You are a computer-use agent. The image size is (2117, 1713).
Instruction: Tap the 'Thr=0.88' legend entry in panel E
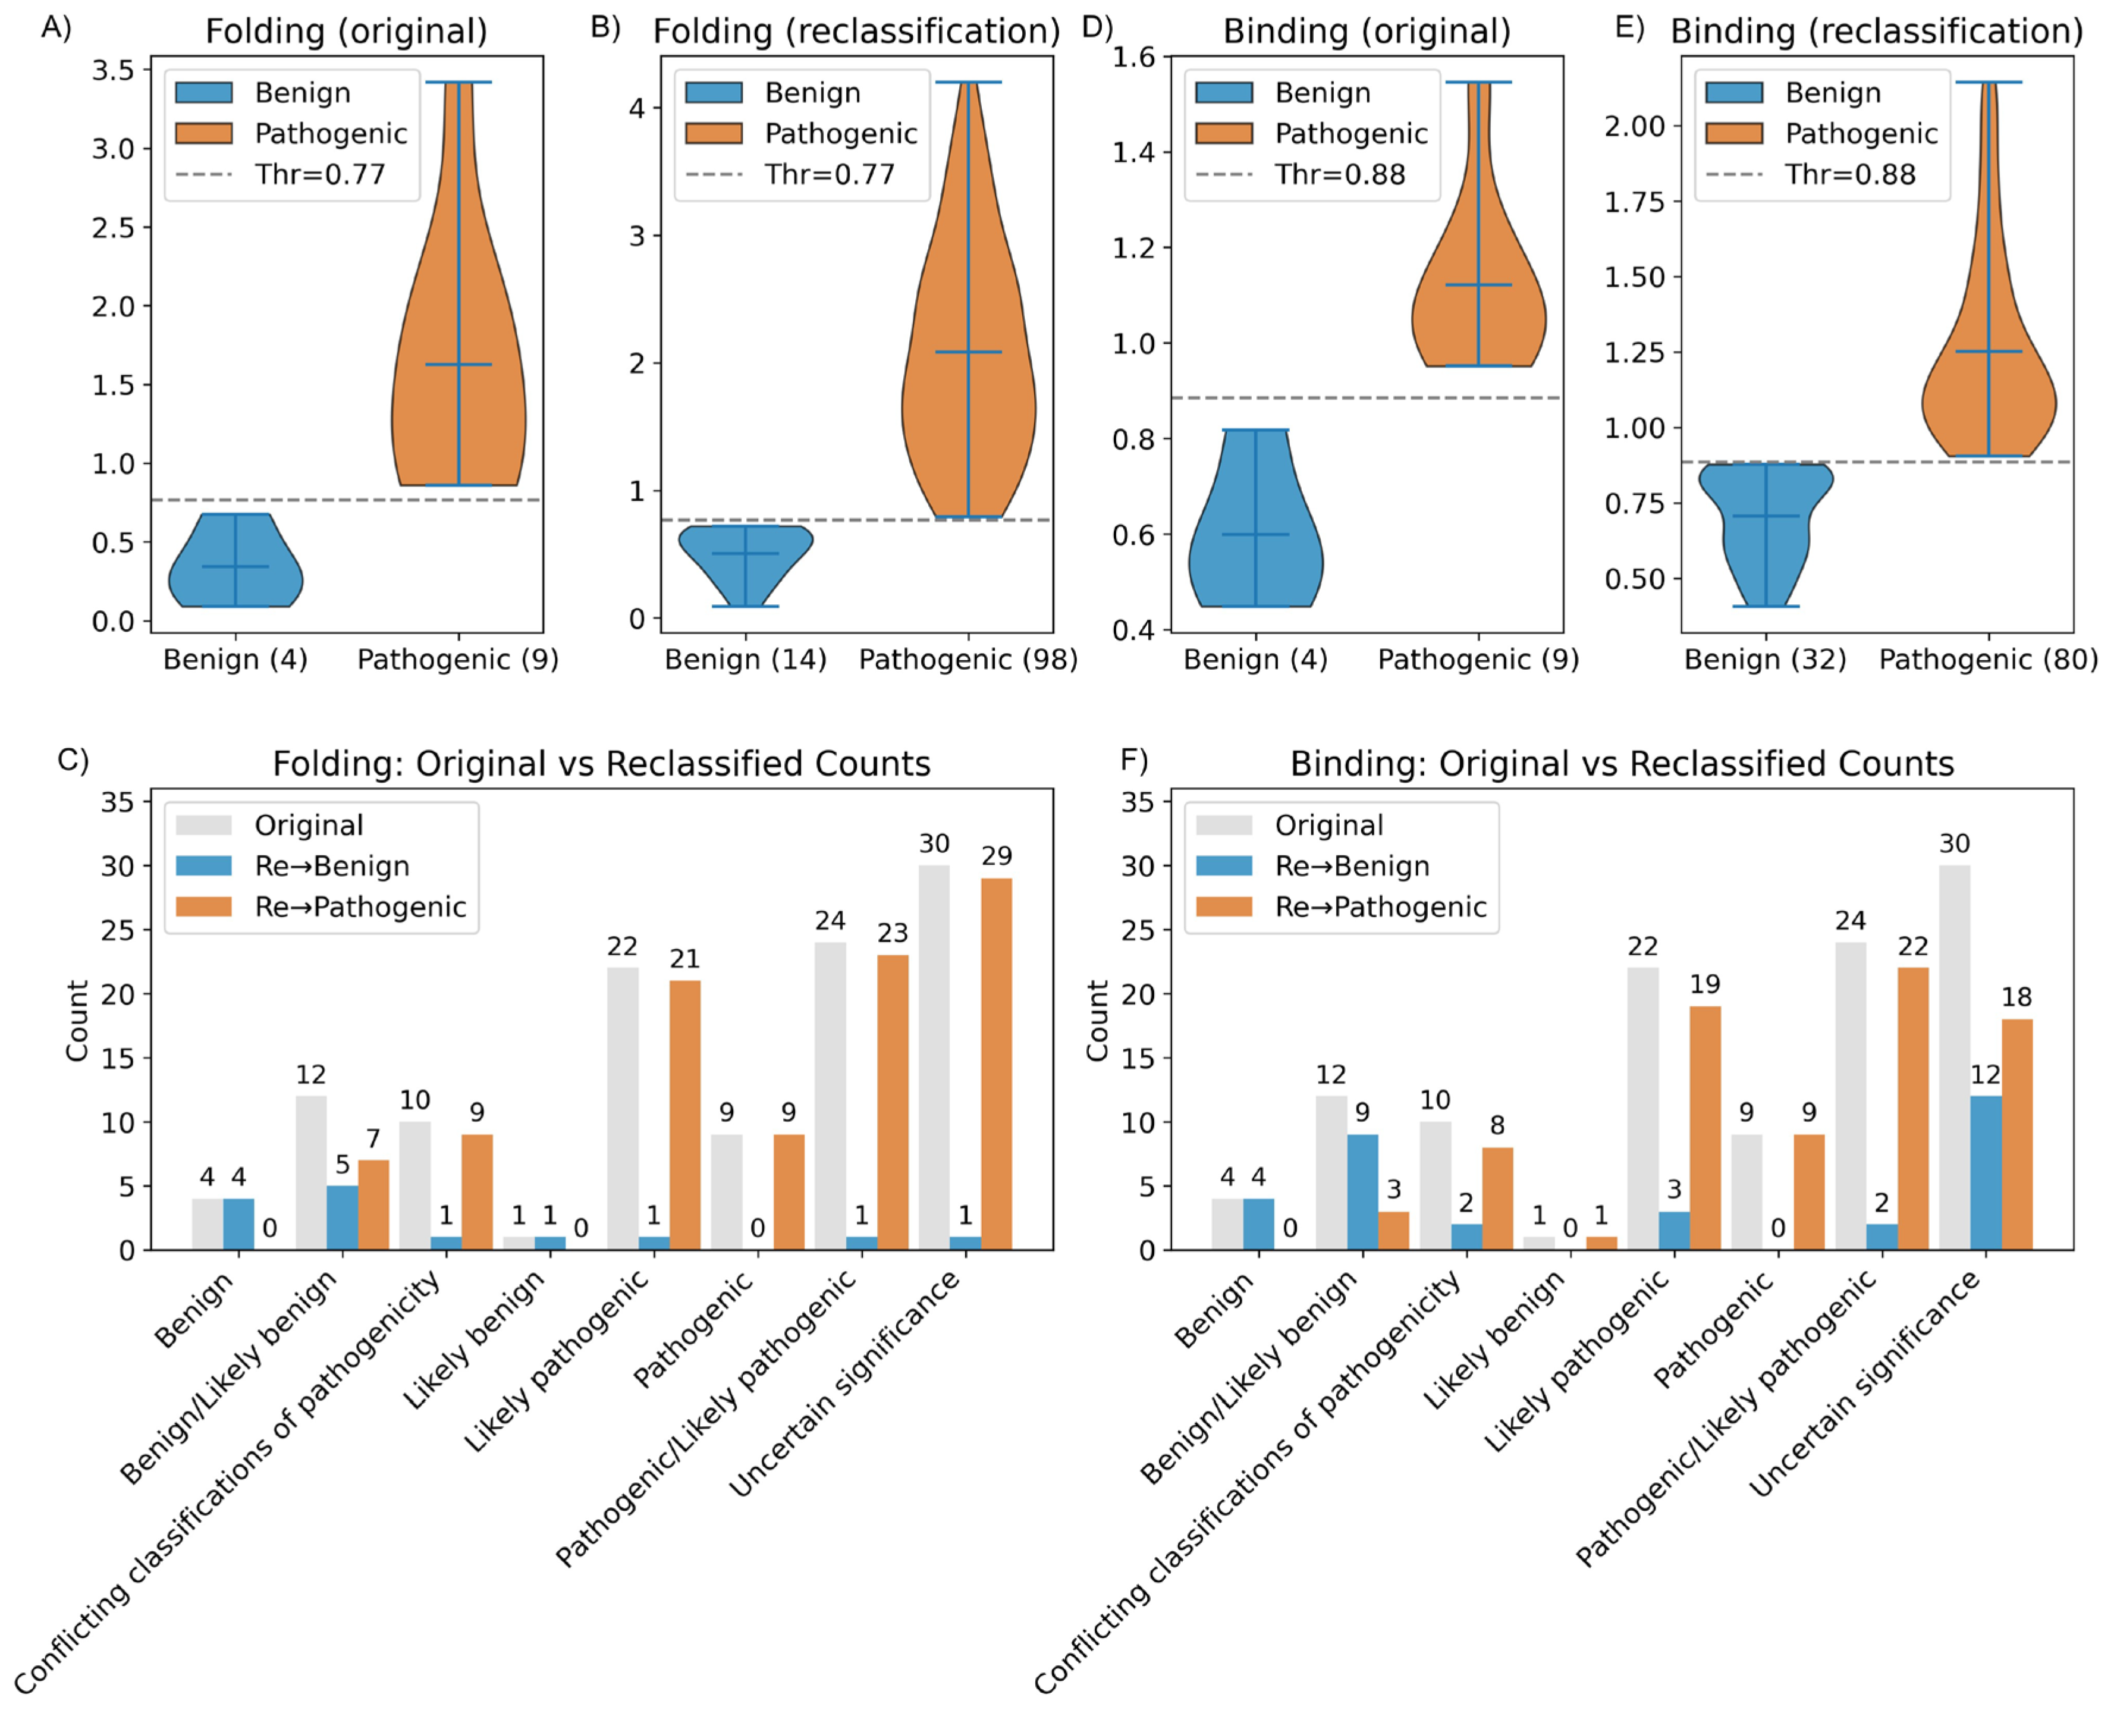[1849, 175]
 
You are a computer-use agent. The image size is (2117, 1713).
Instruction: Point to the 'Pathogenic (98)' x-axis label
[968, 659]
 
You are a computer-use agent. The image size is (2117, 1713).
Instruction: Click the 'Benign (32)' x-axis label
[1765, 659]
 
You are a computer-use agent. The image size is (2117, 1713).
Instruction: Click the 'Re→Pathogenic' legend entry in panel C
[359, 907]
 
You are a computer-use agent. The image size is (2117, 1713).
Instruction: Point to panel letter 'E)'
[1630, 27]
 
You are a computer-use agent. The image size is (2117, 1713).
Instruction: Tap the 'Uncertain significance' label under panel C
[846, 1382]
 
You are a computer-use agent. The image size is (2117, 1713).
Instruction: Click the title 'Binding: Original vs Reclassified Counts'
[1622, 764]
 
